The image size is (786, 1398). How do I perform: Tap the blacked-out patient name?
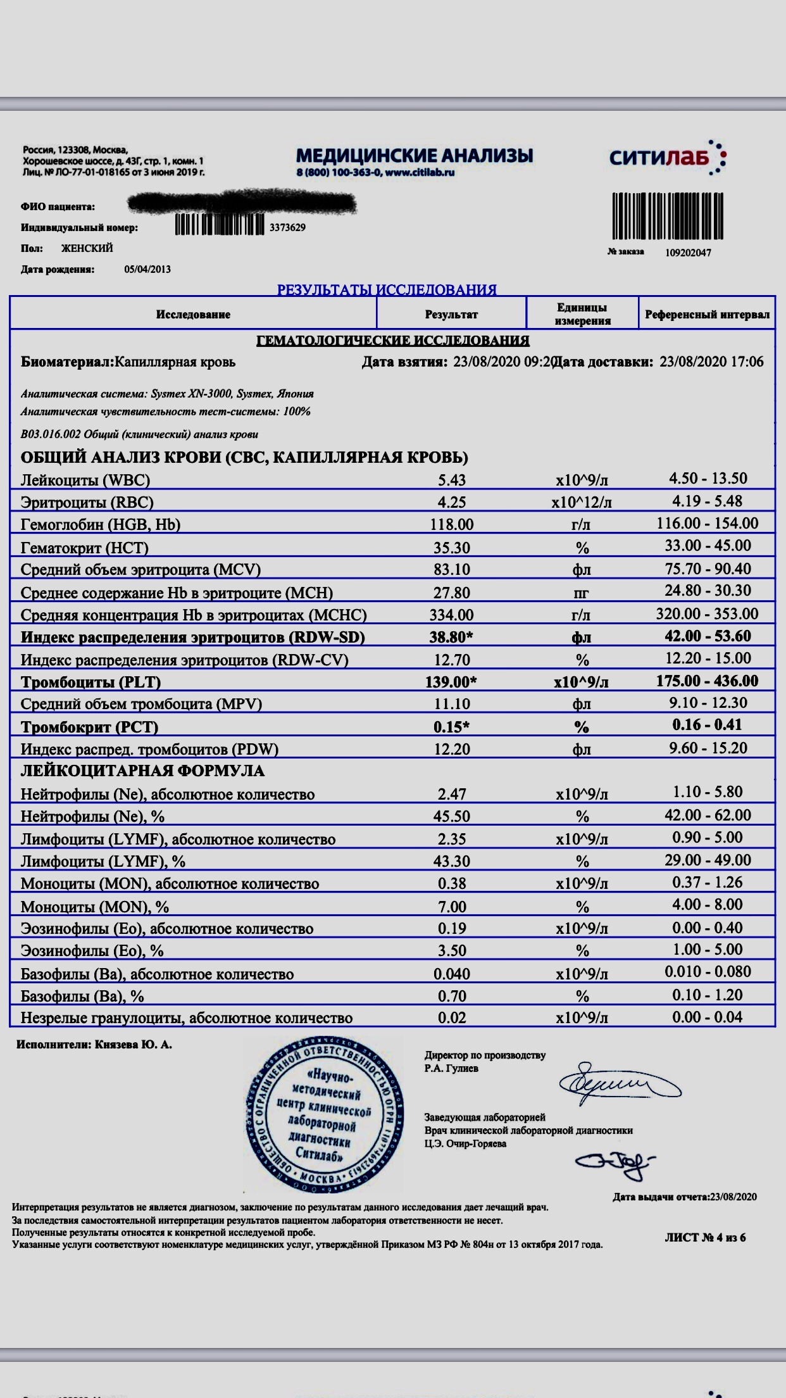(x=241, y=204)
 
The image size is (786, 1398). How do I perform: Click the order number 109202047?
(x=688, y=253)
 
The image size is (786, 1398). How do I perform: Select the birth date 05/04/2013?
(x=147, y=269)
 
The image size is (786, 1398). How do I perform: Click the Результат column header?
(x=451, y=315)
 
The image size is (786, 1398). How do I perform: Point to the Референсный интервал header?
(x=707, y=315)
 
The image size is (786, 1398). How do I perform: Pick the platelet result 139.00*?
(x=451, y=682)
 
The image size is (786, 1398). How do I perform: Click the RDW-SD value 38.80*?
(x=451, y=637)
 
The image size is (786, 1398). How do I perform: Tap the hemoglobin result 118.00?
(x=451, y=524)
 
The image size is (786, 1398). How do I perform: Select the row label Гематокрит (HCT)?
(x=84, y=548)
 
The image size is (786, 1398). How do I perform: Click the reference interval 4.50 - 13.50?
(x=708, y=479)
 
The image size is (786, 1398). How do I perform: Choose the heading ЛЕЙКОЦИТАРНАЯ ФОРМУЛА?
(x=142, y=771)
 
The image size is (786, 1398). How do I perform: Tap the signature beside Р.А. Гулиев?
(x=619, y=1085)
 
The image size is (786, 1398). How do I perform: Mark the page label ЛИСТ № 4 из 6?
(x=705, y=1237)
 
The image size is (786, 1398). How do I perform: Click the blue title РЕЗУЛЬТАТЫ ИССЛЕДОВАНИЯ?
(x=387, y=290)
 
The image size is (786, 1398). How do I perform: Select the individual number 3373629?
(x=287, y=227)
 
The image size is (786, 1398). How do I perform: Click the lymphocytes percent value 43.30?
(x=451, y=862)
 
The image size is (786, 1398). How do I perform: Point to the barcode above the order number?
(x=668, y=216)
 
